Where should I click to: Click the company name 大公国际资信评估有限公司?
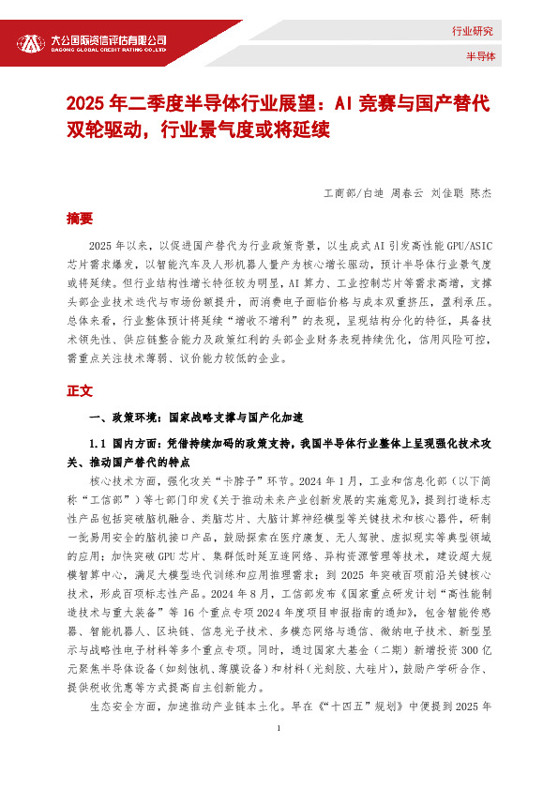[109, 39]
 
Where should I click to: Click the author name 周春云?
[408, 193]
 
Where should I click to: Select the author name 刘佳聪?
[447, 193]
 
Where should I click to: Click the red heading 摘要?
[80, 218]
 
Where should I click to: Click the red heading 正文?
[80, 389]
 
